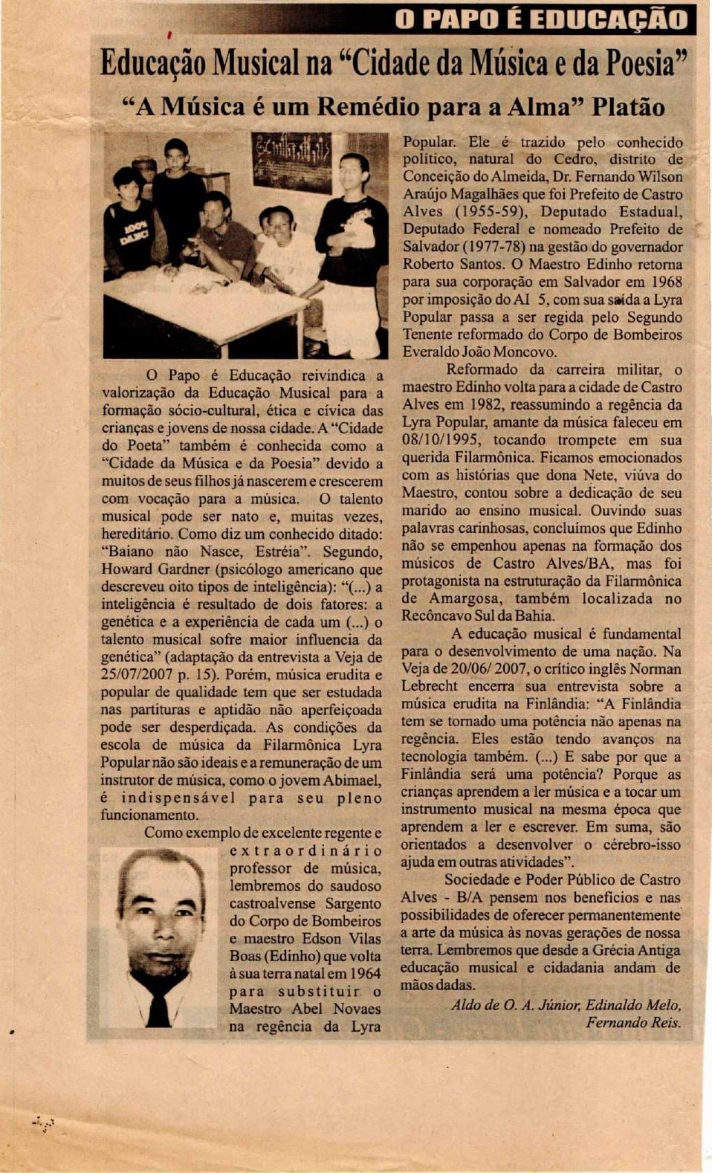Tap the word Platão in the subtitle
tap(628, 106)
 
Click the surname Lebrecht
tap(430, 686)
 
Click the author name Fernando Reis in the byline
tap(633, 1022)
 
